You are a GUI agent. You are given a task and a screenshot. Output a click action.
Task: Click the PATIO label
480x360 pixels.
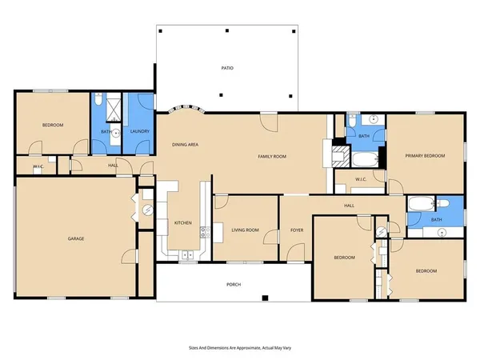coord(227,69)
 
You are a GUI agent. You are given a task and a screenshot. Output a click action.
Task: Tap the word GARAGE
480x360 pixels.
coord(76,238)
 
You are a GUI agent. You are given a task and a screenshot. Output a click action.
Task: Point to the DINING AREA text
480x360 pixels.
coord(185,145)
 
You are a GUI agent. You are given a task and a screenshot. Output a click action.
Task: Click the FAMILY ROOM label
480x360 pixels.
coord(272,157)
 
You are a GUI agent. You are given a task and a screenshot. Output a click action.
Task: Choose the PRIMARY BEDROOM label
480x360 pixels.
coord(424,157)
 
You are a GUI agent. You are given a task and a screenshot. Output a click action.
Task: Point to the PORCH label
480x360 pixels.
coord(233,285)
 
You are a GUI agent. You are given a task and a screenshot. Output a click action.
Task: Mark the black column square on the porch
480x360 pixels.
coord(265,298)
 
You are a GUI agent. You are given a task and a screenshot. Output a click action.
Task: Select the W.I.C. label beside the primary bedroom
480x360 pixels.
coord(361,180)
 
